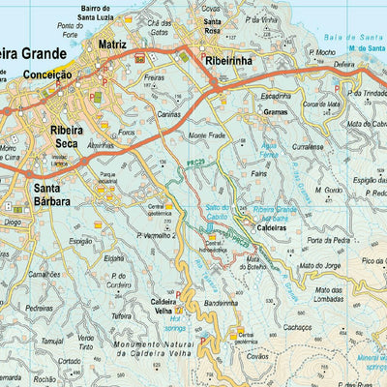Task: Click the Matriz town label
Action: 113,45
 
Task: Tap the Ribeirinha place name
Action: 229,60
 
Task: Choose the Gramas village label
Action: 275,112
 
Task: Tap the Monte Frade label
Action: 206,135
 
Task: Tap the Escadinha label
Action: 274,96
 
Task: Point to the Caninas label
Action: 170,112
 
